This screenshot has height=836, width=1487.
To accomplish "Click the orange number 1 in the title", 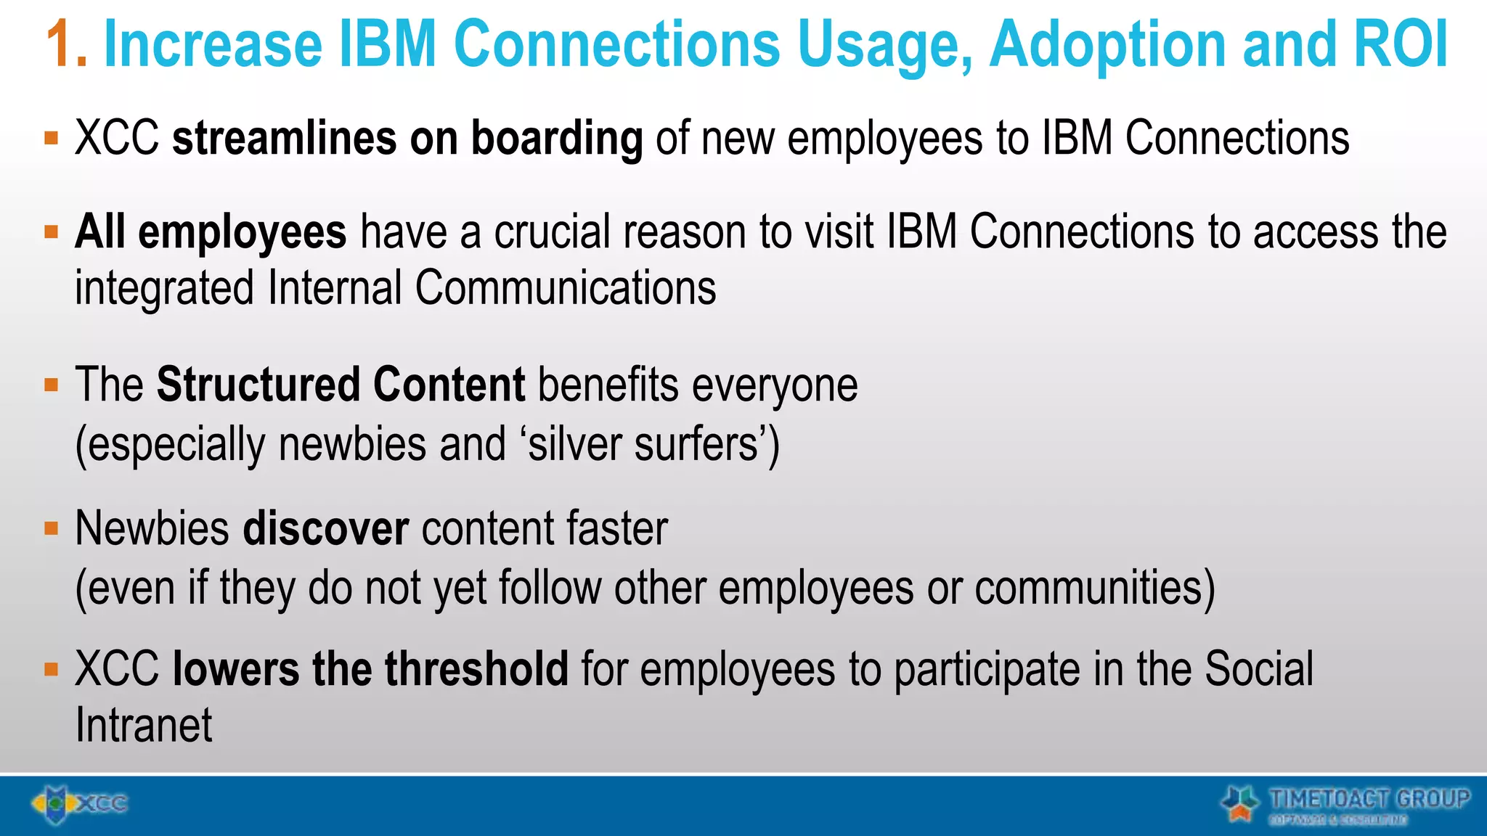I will [65, 45].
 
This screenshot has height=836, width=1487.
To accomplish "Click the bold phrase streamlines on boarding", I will [407, 138].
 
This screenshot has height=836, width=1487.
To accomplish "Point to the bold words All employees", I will [211, 232].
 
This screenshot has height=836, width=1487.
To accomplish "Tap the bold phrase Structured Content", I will [341, 385].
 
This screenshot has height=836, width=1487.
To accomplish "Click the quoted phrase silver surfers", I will [642, 444].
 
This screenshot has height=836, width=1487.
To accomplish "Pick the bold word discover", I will [325, 528].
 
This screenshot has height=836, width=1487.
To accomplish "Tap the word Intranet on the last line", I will [144, 725].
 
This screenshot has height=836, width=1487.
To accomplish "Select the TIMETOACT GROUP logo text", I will [1368, 800].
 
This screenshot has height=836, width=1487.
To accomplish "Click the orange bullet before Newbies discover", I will [51, 528].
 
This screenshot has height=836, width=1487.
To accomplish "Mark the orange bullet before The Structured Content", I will [51, 385].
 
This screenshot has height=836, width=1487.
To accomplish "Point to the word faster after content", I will [617, 528].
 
